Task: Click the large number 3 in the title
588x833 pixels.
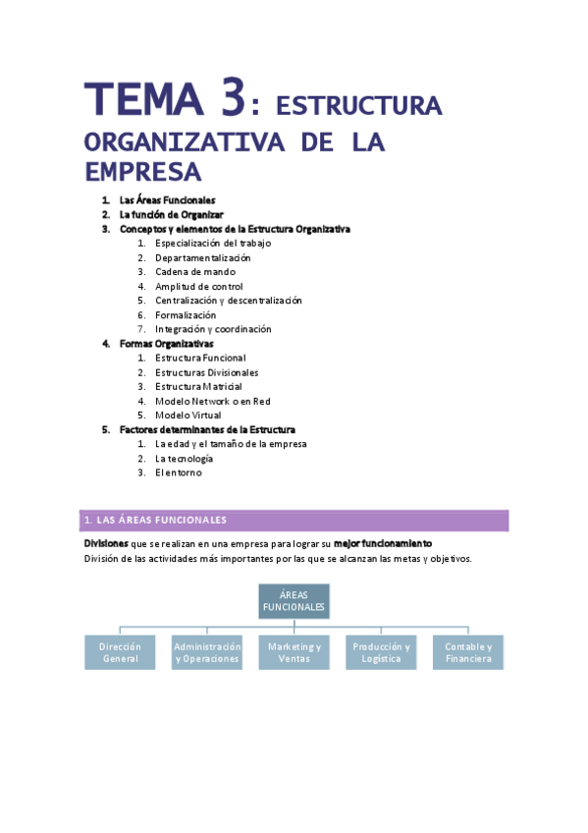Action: coord(232,99)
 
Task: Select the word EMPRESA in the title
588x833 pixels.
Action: coord(142,173)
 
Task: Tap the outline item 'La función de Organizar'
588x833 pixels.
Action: coord(172,214)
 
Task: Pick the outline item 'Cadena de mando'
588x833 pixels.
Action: coord(195,272)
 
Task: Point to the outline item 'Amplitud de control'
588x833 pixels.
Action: coord(199,287)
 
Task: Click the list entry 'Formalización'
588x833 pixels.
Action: coord(186,315)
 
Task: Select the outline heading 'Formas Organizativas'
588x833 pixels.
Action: coord(167,344)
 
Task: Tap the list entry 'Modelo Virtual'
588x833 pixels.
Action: coord(188,416)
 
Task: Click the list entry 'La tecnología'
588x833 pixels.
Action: coord(185,459)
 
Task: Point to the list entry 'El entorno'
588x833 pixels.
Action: coord(178,472)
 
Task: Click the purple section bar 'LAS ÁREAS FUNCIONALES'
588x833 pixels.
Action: coord(294,521)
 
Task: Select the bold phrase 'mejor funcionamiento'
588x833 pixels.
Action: coord(383,543)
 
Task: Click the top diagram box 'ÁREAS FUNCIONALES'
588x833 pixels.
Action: coord(294,601)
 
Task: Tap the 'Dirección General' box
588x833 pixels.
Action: coord(120,653)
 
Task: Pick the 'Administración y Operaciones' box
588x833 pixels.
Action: coord(207,653)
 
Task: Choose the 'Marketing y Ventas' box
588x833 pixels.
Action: coord(294,653)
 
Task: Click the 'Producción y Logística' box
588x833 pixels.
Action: coord(381,653)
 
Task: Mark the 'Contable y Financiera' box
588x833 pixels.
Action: coord(468,653)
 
